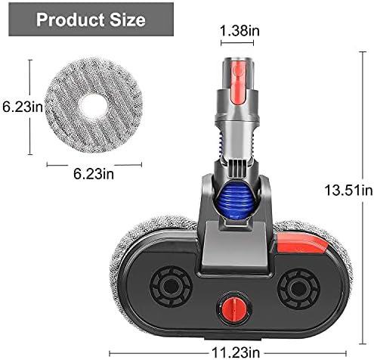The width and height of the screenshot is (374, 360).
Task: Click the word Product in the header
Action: [x=70, y=20]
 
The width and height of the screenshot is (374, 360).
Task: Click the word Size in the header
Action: [x=128, y=20]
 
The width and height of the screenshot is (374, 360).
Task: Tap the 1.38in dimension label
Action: [x=240, y=31]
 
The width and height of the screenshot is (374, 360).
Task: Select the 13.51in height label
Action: [x=348, y=190]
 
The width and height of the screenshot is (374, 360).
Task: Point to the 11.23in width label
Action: [x=236, y=352]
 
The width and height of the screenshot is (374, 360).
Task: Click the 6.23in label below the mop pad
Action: [x=94, y=174]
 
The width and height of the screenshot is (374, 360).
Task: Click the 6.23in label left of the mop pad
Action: [x=23, y=107]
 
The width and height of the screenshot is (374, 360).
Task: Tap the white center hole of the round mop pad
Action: [x=93, y=106]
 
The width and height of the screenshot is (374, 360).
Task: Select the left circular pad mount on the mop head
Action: [x=171, y=287]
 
